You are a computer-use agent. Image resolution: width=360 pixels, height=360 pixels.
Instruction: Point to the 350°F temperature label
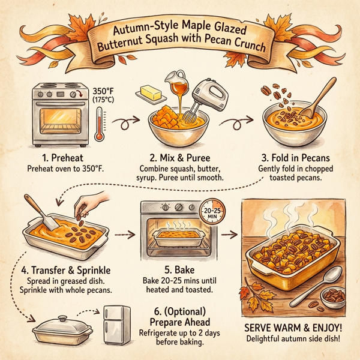pyautogui.click(x=103, y=92)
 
